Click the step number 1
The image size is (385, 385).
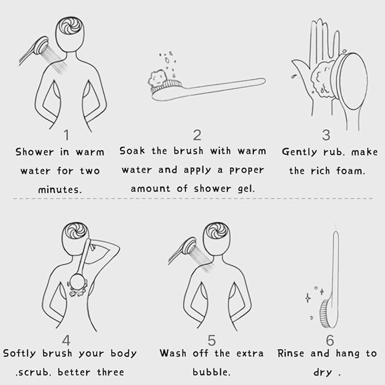66,135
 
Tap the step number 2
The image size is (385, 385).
197,135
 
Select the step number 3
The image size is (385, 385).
326,135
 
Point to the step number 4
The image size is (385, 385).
66,340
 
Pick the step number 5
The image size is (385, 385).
211,340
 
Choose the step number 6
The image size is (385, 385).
330,340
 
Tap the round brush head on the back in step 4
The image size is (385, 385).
78,282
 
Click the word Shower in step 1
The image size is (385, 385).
35,152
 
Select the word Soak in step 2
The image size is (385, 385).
132,151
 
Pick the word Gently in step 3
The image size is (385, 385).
299,152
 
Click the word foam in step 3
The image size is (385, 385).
350,171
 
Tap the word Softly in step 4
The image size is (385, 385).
19,354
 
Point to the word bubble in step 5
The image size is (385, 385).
211,372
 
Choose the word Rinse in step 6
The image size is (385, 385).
290,354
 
